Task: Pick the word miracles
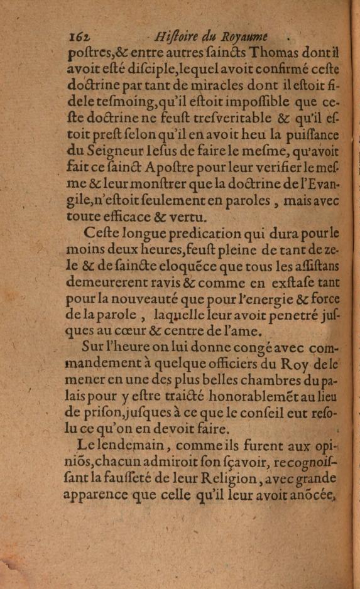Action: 224,85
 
